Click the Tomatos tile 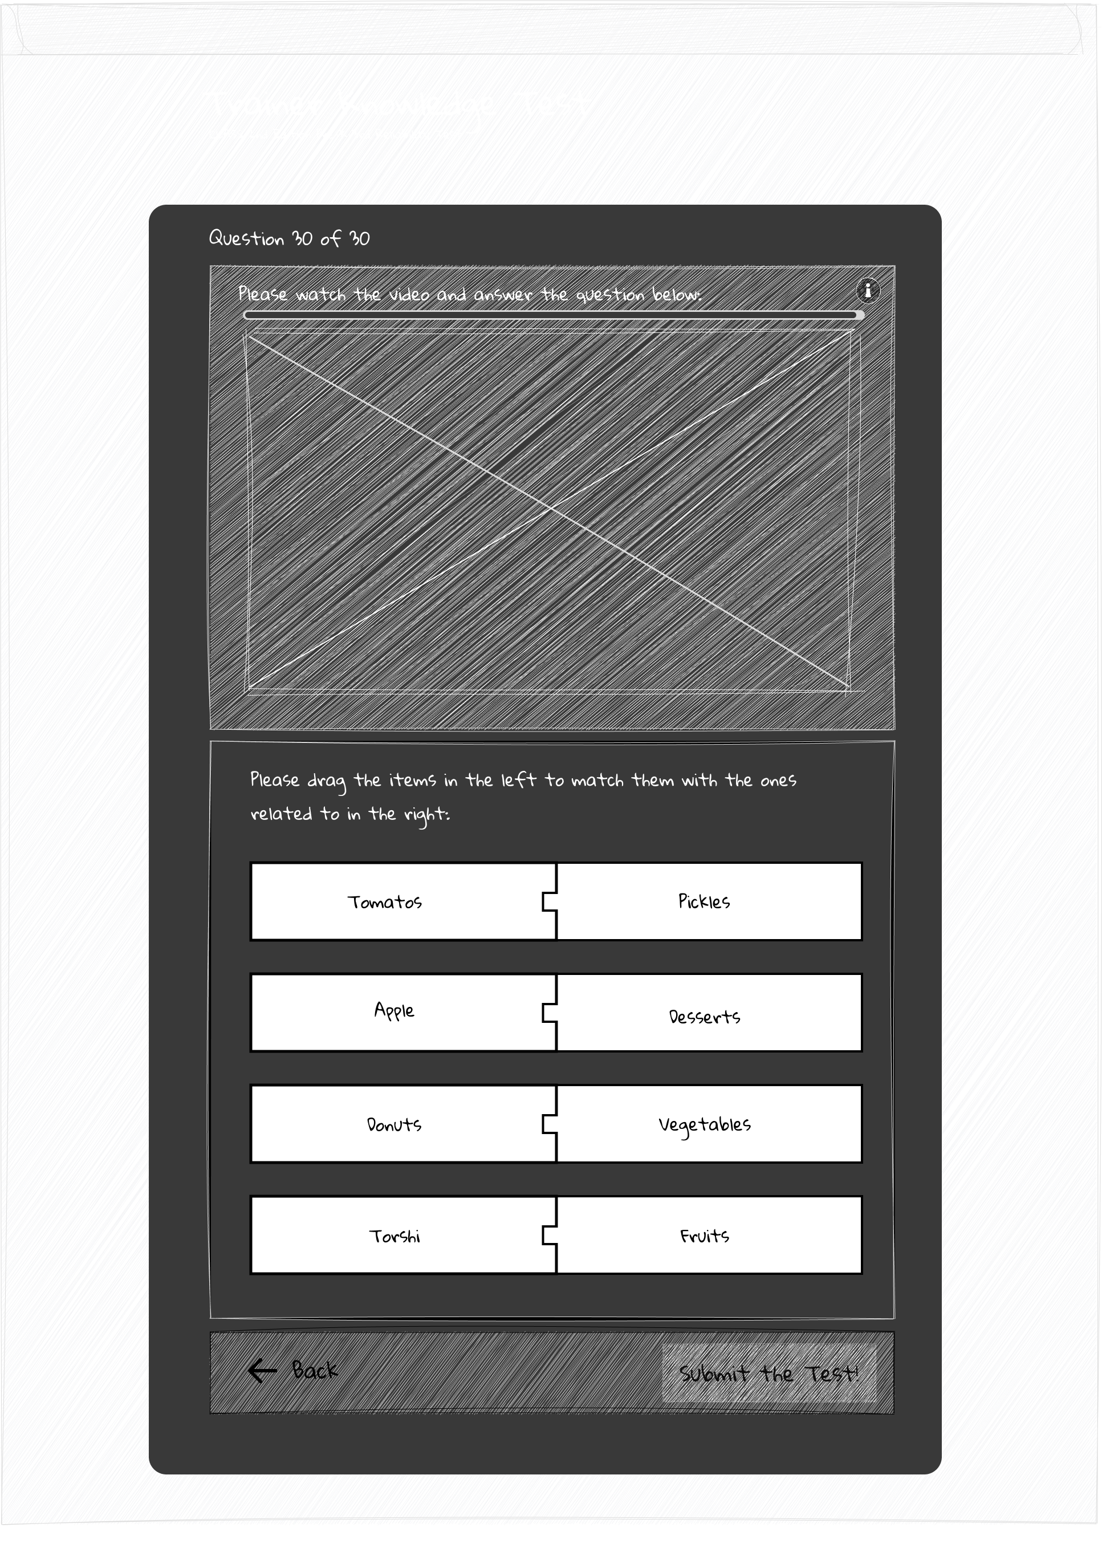coord(385,902)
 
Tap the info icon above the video coord(867,290)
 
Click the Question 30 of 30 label coord(289,238)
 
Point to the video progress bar coord(553,315)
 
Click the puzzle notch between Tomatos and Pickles coord(550,902)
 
